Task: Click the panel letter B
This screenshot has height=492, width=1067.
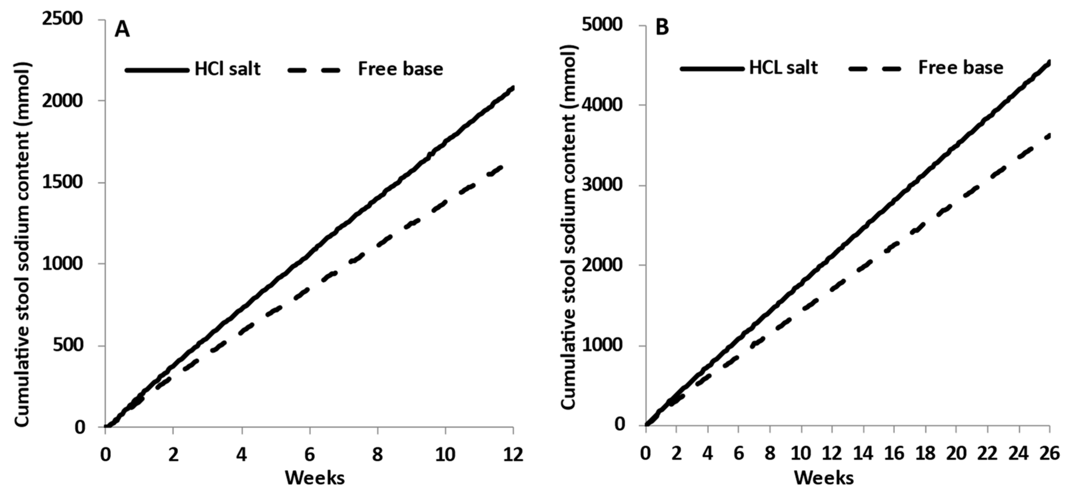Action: coord(662,27)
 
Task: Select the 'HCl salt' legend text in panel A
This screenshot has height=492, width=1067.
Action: coord(228,69)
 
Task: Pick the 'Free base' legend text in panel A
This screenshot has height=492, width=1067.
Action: coord(400,69)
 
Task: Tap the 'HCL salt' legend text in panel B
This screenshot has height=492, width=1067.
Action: coord(783,67)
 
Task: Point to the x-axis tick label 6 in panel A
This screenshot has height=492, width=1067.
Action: coord(309,455)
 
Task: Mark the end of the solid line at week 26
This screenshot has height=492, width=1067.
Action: coord(1049,62)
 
